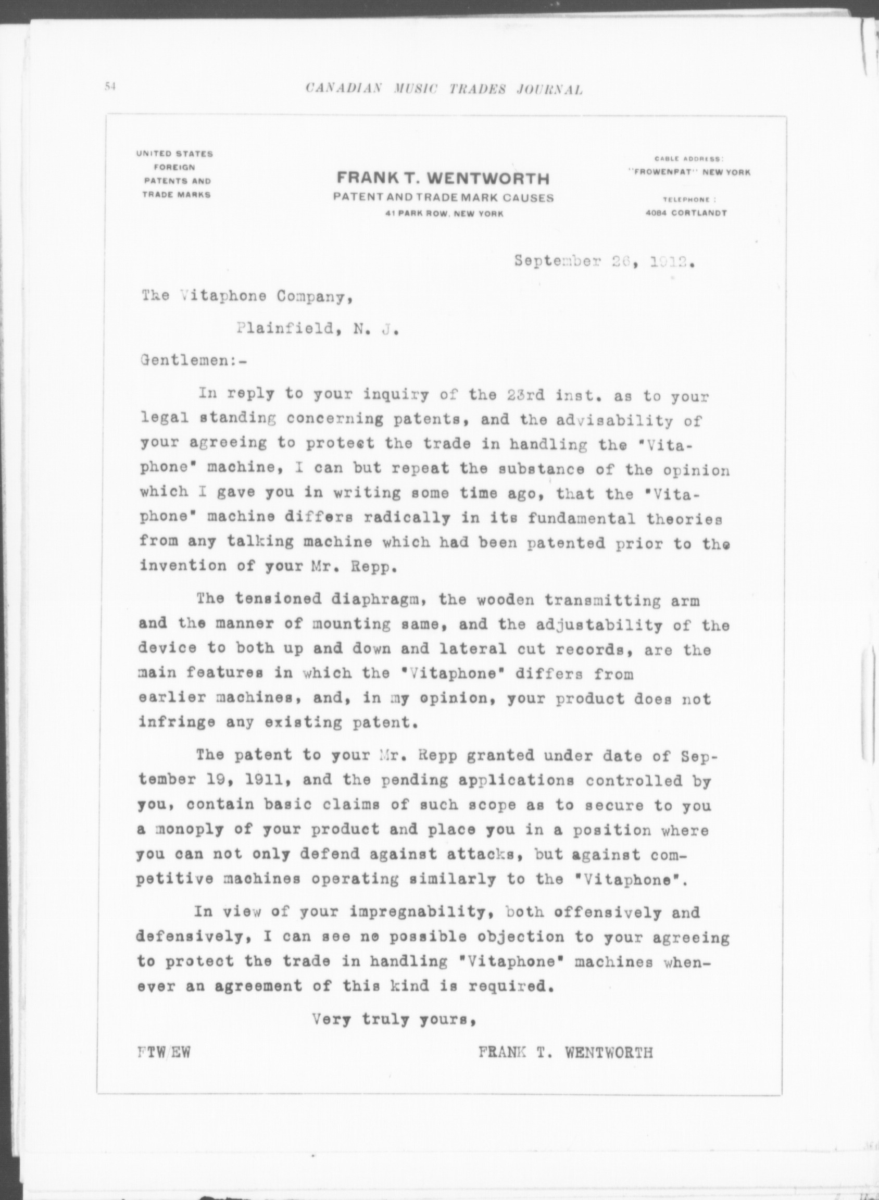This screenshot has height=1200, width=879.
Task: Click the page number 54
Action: pyautogui.click(x=110, y=87)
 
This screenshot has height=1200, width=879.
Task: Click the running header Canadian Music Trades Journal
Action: pyautogui.click(x=444, y=90)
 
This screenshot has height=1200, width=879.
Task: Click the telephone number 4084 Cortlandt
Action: pyautogui.click(x=686, y=213)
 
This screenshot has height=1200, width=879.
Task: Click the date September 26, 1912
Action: pyautogui.click(x=605, y=262)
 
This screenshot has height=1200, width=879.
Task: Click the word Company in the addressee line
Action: pyautogui.click(x=314, y=297)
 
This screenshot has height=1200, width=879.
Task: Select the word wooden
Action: pyautogui.click(x=503, y=601)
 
